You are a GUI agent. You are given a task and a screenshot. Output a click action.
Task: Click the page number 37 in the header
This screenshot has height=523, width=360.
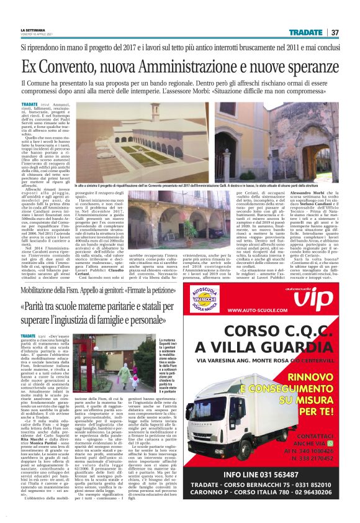[x=335, y=32]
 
